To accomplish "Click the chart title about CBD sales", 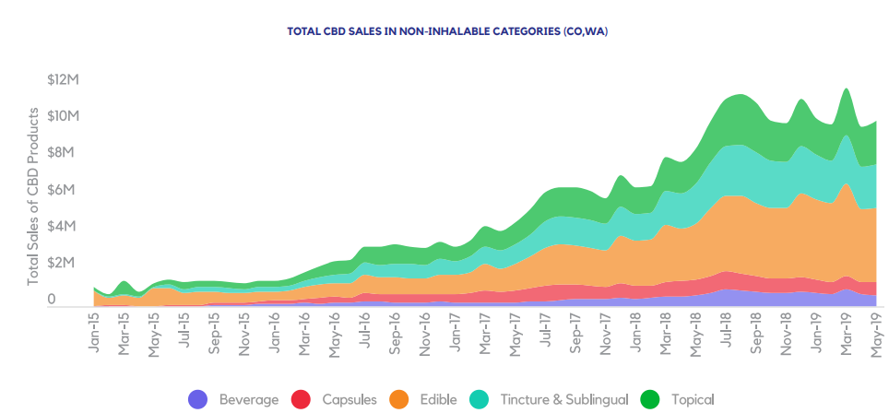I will (447, 31).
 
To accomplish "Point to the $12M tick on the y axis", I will (64, 79).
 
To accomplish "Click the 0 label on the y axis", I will (52, 300).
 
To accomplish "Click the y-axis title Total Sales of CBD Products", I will (34, 196).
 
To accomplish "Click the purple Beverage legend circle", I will (198, 399).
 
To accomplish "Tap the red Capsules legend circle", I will (301, 399).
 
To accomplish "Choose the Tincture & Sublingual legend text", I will (563, 399).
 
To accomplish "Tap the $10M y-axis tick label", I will (64, 116).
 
